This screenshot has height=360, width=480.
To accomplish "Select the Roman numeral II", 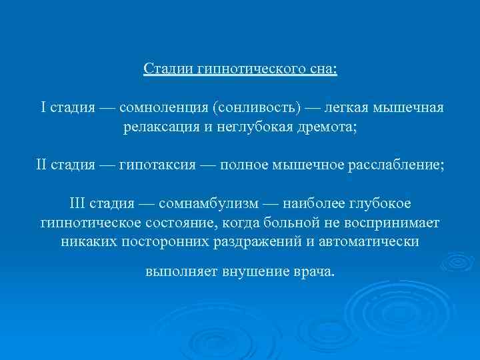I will [43, 164].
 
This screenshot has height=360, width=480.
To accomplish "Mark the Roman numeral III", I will [79, 202].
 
